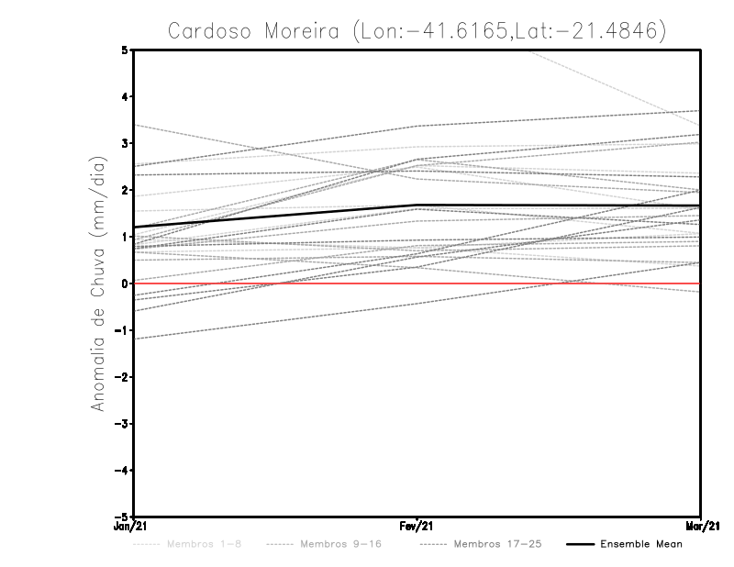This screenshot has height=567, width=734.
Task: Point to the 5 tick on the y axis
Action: (125, 50)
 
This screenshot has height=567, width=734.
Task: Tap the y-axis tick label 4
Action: (125, 97)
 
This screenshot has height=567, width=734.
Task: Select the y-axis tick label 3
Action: (125, 144)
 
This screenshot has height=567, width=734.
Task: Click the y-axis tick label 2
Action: (125, 191)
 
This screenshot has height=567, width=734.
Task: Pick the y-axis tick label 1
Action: (125, 237)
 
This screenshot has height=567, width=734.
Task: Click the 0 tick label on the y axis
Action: (125, 283)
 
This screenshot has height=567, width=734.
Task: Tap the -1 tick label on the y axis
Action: (122, 330)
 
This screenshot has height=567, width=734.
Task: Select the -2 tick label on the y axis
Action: (122, 377)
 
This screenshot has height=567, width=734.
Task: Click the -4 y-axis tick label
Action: (122, 470)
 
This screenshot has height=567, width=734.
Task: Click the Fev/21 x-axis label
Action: (417, 528)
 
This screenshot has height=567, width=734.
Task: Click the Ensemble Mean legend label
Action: (640, 544)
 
